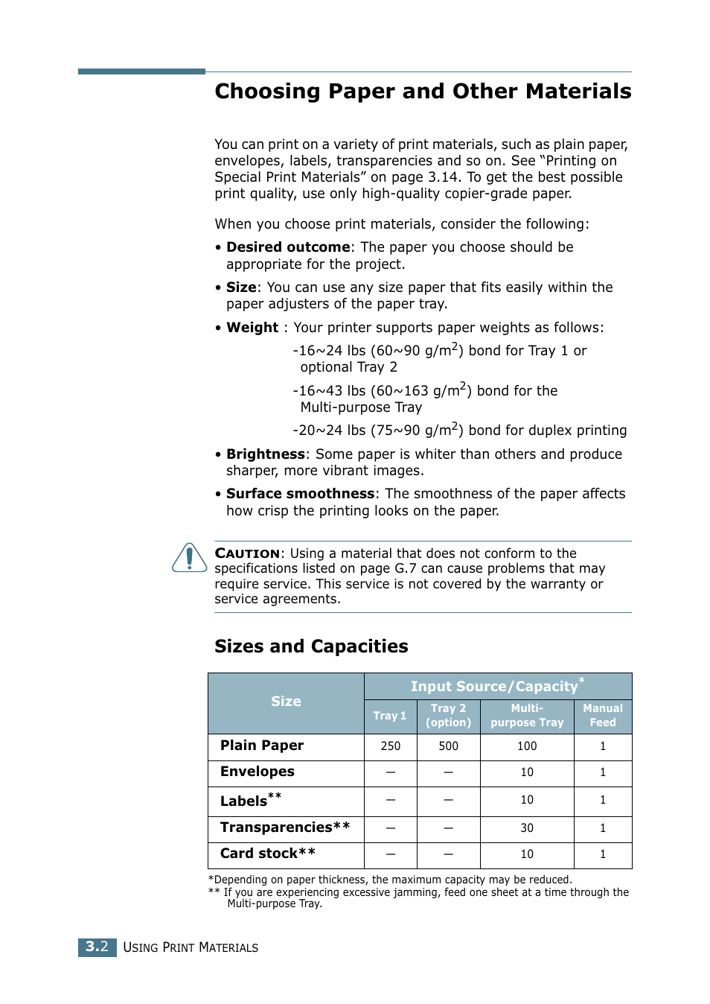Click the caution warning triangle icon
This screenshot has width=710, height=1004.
point(190,558)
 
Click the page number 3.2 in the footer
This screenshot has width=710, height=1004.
point(97,947)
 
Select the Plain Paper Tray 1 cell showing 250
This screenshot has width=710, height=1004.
point(390,746)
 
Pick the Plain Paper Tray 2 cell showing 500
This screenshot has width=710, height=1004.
point(448,746)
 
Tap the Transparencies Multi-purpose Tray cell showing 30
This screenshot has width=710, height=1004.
point(527,828)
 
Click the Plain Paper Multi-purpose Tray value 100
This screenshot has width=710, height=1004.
point(527,746)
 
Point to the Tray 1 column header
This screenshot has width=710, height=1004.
point(390,716)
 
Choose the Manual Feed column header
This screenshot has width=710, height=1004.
point(603,716)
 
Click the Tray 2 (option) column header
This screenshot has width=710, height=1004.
point(448,716)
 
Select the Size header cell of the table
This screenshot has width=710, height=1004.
point(286,702)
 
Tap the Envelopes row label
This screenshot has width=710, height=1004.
point(258,772)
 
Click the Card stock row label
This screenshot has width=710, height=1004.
point(267,854)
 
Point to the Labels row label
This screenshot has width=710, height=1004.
point(250,801)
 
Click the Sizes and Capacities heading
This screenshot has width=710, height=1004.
point(311,646)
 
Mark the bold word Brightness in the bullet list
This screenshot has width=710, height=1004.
point(266,454)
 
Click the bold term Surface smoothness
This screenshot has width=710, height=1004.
point(300,494)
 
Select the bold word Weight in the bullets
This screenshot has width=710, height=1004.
point(252,328)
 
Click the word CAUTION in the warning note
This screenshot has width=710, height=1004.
point(247,553)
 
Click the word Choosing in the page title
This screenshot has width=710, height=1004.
point(267,92)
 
